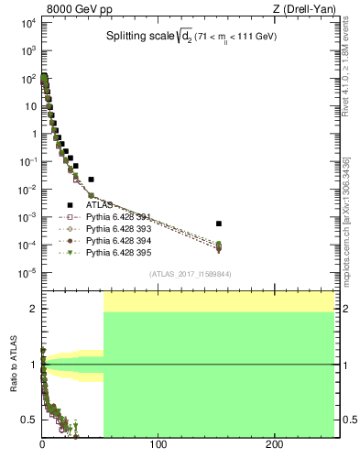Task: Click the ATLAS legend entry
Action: pos(99,206)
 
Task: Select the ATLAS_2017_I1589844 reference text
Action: pos(191,274)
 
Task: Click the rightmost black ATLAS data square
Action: pos(218,224)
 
